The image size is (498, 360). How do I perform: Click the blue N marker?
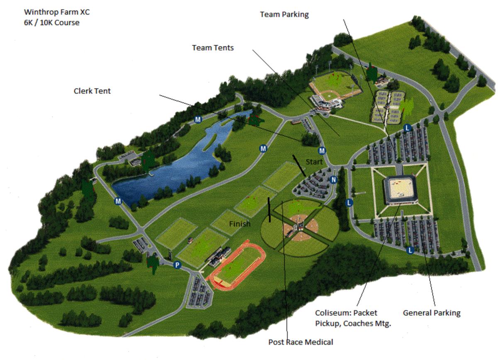coord(333,180)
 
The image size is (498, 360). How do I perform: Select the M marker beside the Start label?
coord(322,151)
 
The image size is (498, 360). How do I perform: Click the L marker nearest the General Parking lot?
coord(410,250)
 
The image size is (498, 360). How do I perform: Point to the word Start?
coord(314,161)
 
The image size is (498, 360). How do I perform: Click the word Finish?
coord(240,224)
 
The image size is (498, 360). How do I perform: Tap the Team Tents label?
coord(212,48)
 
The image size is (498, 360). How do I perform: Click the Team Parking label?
coord(284,14)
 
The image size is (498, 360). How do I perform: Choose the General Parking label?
coord(432,313)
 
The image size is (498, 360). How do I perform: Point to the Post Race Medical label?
coord(300,342)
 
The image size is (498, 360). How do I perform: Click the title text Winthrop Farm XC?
coord(57,12)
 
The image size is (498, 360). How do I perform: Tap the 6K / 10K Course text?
coord(51,22)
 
